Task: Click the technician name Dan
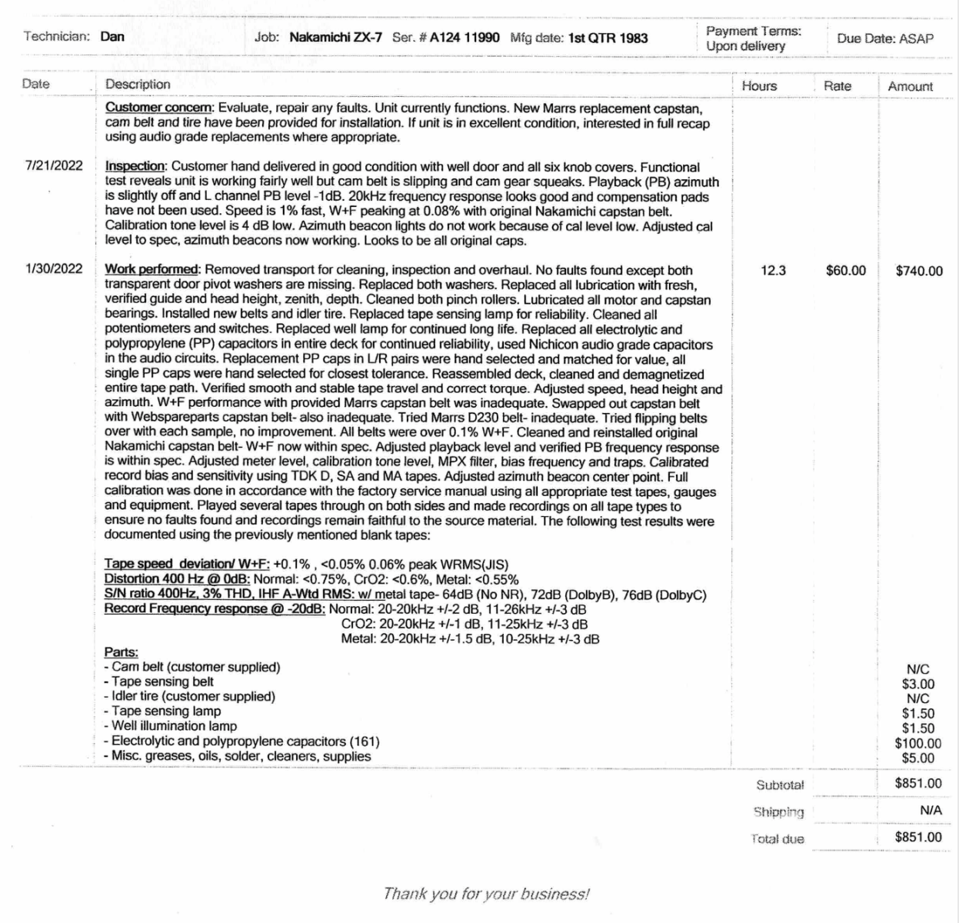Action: [112, 37]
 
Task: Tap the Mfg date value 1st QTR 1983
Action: [608, 38]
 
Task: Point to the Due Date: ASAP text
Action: [885, 38]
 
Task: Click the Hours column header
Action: [759, 86]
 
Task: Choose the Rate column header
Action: [837, 86]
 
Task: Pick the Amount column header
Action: [910, 87]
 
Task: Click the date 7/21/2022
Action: [54, 165]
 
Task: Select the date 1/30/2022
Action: [54, 269]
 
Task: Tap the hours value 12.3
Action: [773, 271]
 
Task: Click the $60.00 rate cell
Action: [845, 271]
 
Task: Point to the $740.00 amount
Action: [919, 271]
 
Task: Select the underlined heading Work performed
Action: [152, 270]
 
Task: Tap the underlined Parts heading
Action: [122, 653]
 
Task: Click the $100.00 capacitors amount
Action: [917, 743]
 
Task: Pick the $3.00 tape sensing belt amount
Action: [918, 684]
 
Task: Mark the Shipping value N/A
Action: [931, 810]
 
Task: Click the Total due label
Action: [778, 839]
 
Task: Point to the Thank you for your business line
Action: [486, 894]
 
